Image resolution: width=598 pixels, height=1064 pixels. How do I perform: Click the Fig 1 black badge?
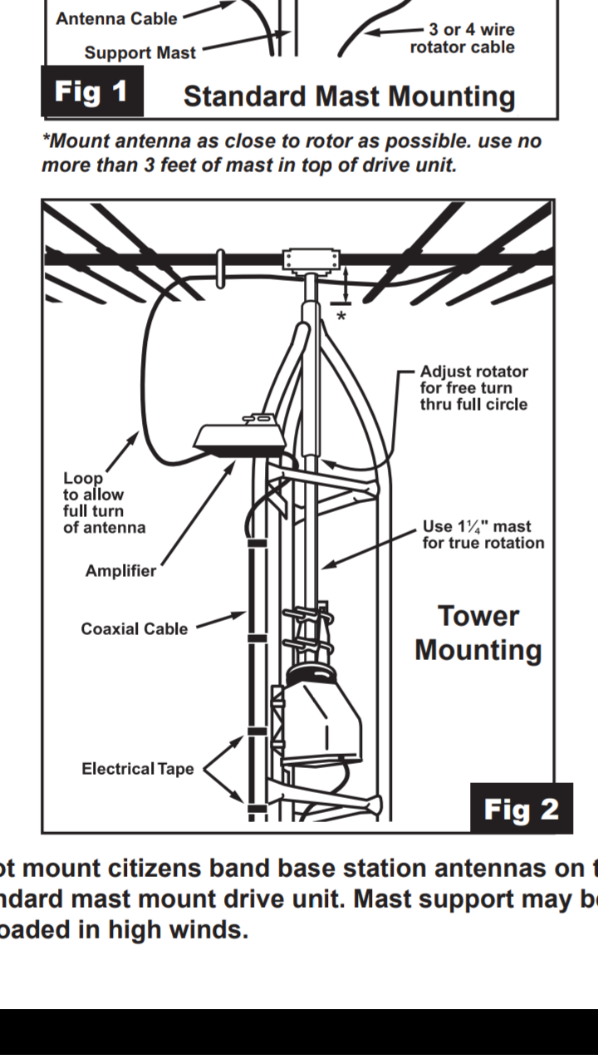pos(91,91)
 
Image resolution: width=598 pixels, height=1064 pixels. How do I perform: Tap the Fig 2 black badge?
pos(521,809)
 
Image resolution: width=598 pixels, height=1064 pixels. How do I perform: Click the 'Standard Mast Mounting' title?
pos(349,96)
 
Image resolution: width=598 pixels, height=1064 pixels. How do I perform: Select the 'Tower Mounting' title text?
pos(478,633)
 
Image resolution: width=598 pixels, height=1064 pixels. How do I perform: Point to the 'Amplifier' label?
pos(120,571)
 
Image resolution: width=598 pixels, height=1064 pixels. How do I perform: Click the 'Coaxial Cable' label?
pos(134,628)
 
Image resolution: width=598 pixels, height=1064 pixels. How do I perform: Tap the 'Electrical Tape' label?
pos(137,769)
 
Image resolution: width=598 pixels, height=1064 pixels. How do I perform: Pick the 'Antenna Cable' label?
pos(116,17)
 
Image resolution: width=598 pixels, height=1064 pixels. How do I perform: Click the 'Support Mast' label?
pos(140,52)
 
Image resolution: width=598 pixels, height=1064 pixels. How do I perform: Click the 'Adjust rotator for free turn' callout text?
pos(473,387)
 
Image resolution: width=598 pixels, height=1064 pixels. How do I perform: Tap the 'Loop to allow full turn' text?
pos(104,502)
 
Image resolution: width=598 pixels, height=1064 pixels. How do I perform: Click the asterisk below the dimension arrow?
pos(341,317)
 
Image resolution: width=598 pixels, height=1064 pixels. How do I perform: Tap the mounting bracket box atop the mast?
pos(311,261)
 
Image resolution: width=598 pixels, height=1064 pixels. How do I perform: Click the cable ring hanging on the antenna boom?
pos(220,268)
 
